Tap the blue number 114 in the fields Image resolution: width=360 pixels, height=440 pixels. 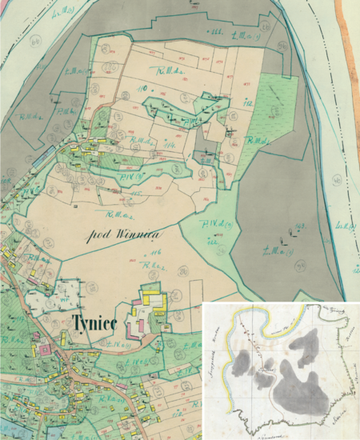pyautogui.click(x=170, y=146)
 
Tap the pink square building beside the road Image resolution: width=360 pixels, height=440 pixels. pyautogui.click(x=44, y=348)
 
